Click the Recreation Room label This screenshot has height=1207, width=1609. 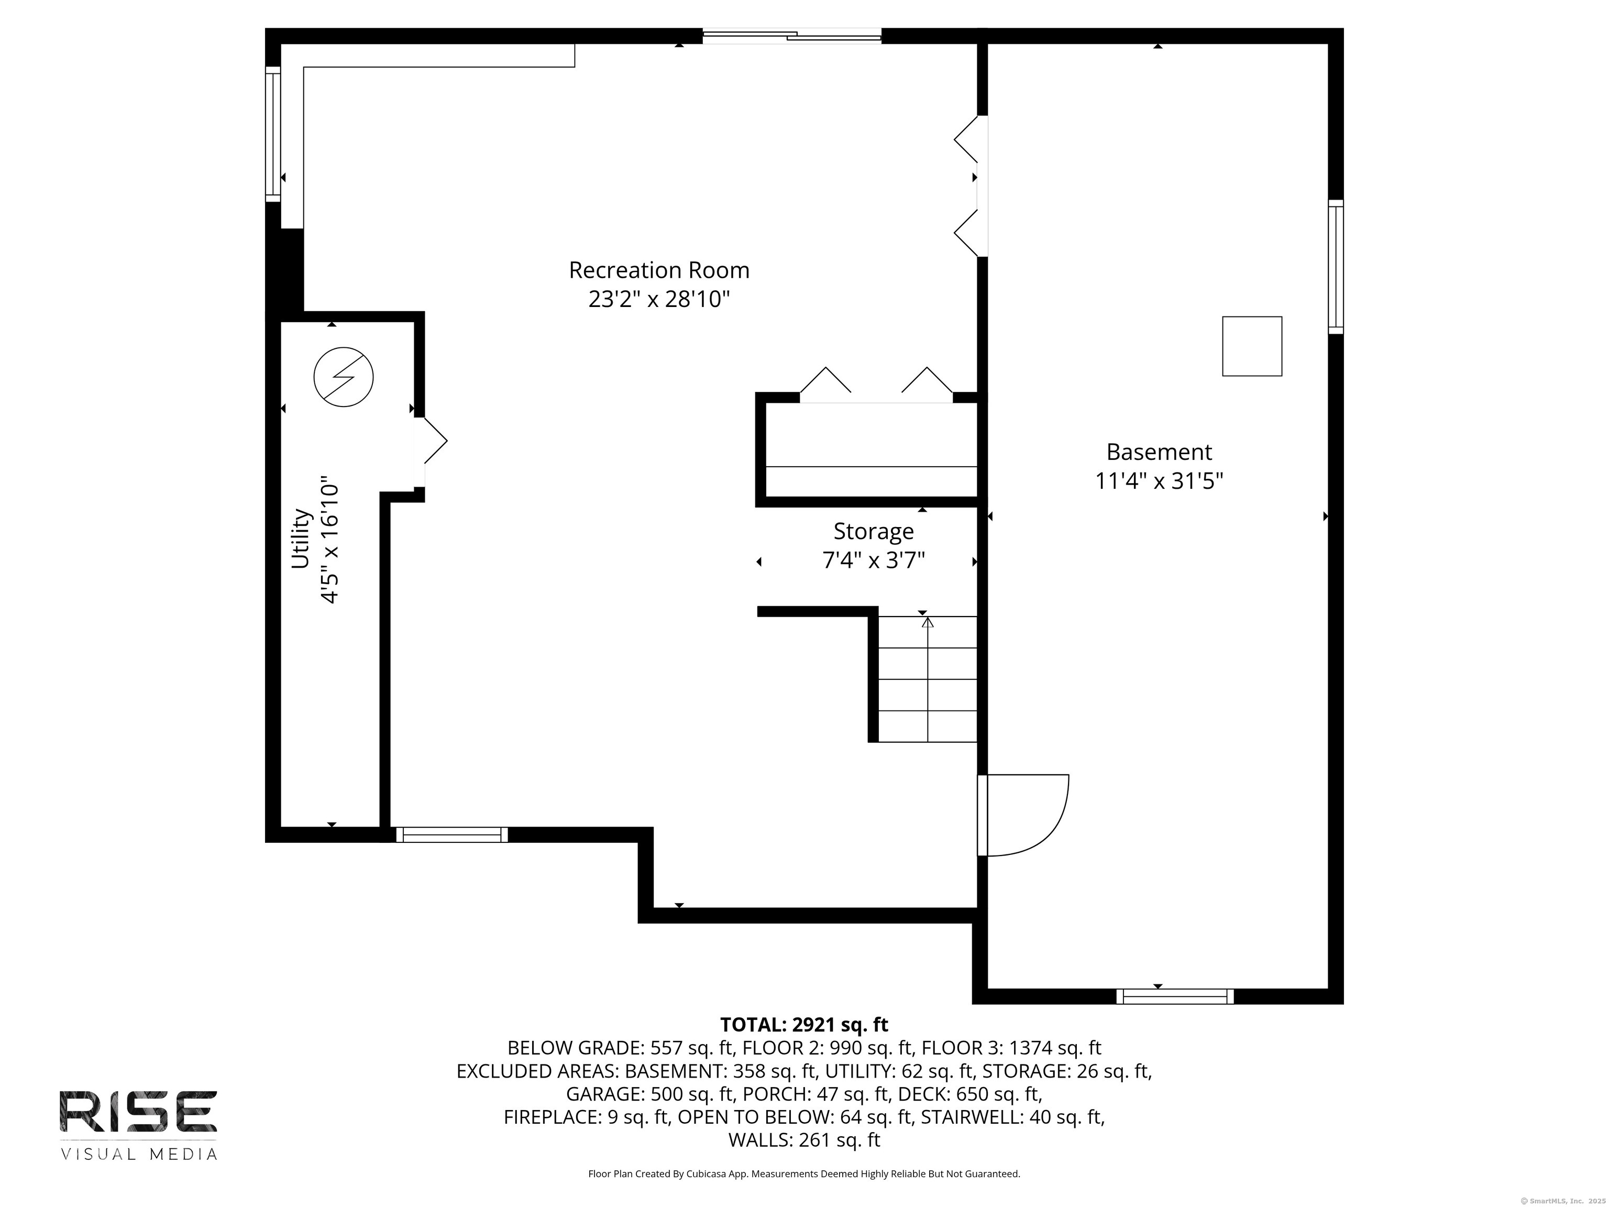click(658, 270)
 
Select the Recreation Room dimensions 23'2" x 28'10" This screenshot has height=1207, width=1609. click(658, 299)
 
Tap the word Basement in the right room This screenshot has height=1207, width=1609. click(1159, 452)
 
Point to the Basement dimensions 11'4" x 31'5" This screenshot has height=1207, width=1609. click(1159, 481)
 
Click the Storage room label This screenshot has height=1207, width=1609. click(873, 531)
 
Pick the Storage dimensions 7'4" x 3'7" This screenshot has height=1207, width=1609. click(873, 560)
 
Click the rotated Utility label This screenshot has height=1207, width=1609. click(301, 539)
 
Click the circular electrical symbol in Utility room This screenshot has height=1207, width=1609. click(344, 377)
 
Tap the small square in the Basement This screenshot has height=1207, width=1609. click(1251, 346)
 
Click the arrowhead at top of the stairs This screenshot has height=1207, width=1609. click(928, 622)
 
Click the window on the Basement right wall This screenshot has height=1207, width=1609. click(1336, 267)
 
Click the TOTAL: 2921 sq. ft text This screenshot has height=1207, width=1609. click(804, 1024)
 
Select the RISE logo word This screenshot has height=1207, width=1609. click(138, 1112)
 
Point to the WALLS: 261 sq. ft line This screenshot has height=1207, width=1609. click(804, 1140)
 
